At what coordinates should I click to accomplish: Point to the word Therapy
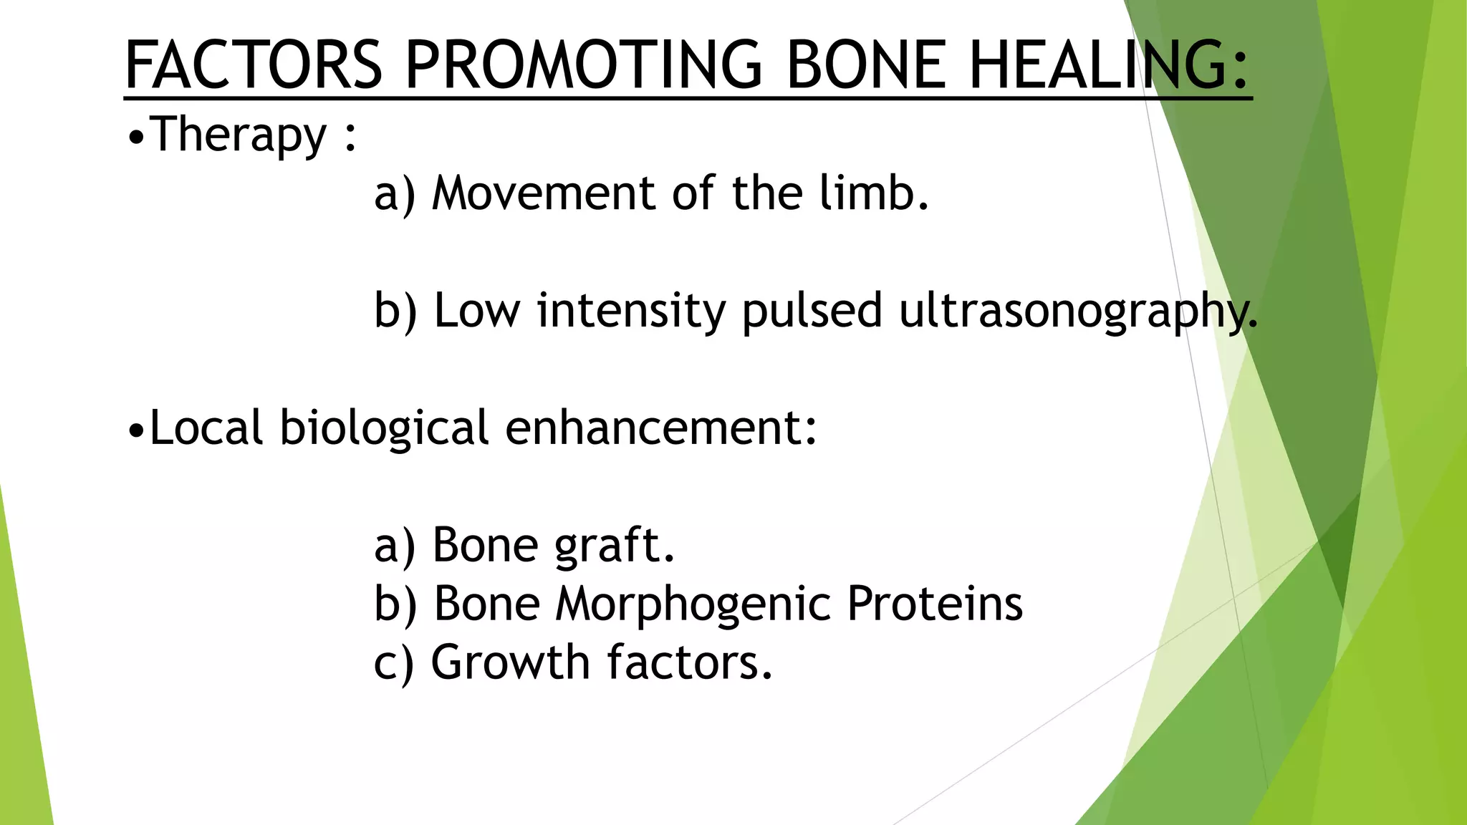tap(239, 135)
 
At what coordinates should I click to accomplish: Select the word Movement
tap(543, 193)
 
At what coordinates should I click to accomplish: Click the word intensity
tap(631, 311)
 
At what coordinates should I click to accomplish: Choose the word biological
tap(384, 428)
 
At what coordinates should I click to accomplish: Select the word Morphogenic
tap(693, 604)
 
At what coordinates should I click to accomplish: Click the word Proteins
tap(935, 603)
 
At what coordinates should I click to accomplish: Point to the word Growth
tap(509, 662)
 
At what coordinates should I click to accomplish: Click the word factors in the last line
tap(690, 662)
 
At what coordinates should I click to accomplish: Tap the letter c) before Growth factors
tap(393, 663)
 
